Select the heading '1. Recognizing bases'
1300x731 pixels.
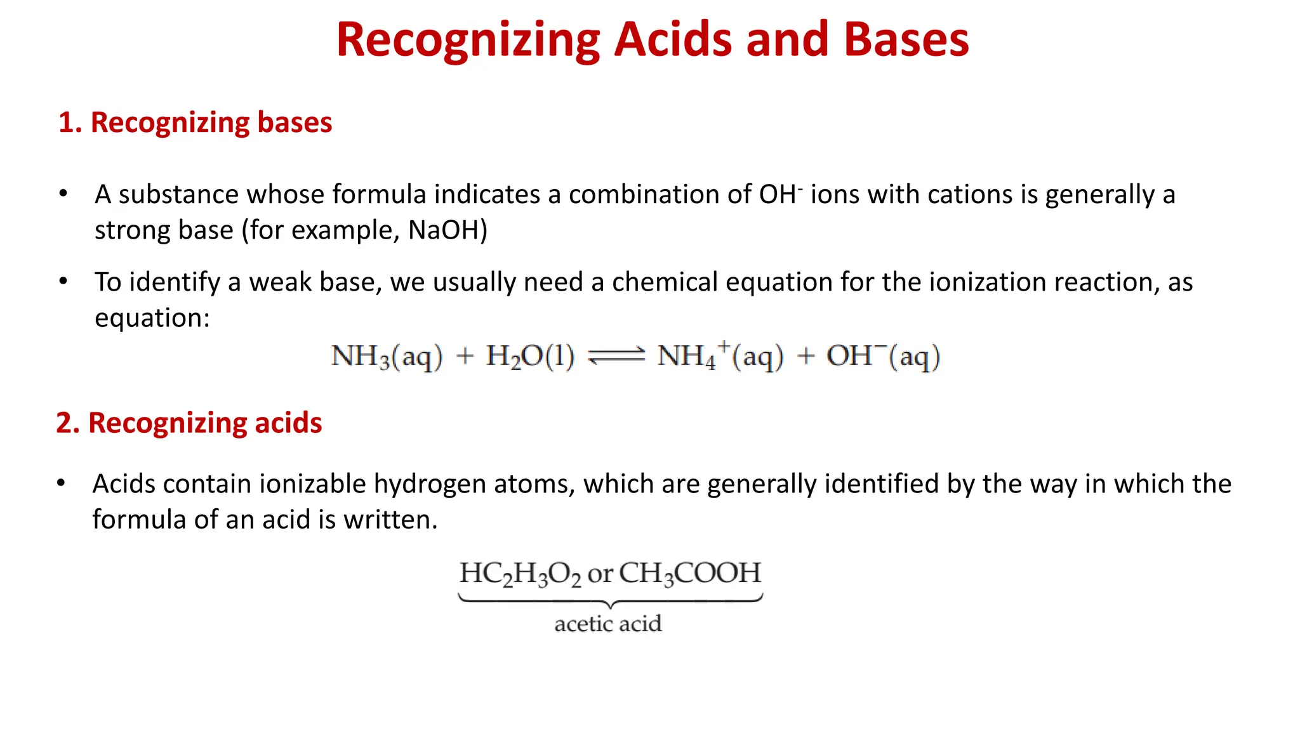pyautogui.click(x=195, y=122)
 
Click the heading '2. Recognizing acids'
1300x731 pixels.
pyautogui.click(x=189, y=423)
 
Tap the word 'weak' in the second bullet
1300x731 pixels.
pyautogui.click(x=280, y=282)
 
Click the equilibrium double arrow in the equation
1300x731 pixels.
pyautogui.click(x=616, y=357)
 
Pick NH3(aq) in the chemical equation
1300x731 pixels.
pyautogui.click(x=386, y=357)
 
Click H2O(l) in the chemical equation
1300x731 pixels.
pyautogui.click(x=530, y=357)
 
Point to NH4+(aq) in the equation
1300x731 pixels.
pyautogui.click(x=720, y=357)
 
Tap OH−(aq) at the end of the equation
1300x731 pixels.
pyautogui.click(x=882, y=357)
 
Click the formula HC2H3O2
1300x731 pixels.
pyautogui.click(x=520, y=574)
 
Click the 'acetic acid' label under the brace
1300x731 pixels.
pyautogui.click(x=608, y=624)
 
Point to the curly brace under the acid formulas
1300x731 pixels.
pyautogui.click(x=609, y=600)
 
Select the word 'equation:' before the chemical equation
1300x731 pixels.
pyautogui.click(x=152, y=318)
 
